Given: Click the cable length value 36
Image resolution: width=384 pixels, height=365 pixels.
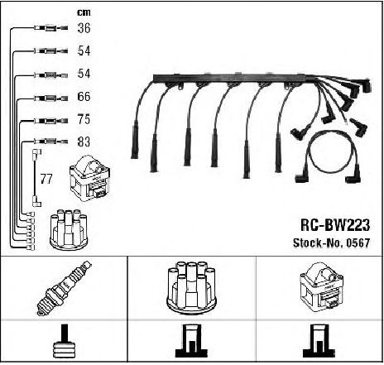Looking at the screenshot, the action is (x=84, y=28).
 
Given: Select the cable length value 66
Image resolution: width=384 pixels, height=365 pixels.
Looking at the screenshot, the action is (x=84, y=96).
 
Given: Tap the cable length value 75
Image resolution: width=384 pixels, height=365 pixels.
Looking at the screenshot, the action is (x=84, y=119).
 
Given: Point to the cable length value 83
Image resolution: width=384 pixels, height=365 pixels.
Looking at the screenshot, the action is (x=84, y=142).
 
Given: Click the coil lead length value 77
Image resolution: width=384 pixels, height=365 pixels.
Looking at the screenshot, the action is (x=46, y=179).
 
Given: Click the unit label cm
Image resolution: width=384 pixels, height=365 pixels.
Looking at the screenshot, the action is (x=84, y=12).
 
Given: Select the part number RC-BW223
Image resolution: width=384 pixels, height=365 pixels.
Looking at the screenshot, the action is (x=335, y=225).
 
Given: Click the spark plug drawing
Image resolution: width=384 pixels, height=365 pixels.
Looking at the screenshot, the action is (x=64, y=288).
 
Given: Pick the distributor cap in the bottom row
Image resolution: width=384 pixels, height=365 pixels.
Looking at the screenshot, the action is (x=192, y=287).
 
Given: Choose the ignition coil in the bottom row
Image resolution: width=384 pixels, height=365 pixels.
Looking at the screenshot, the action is (x=321, y=287).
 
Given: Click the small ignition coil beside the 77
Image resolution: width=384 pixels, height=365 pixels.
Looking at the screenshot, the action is (x=90, y=178).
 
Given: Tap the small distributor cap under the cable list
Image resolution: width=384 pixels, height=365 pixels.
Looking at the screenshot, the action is (x=69, y=229).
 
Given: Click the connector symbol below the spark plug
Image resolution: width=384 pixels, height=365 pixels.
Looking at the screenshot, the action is (x=65, y=341).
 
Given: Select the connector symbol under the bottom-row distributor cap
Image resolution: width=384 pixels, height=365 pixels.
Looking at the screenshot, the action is (x=191, y=341).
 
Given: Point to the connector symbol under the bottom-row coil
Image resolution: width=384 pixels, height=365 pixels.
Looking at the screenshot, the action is (x=319, y=341).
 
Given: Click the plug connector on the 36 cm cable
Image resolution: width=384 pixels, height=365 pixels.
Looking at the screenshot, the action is (x=50, y=28).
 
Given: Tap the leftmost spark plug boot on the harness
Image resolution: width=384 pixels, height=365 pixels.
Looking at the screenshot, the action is (x=135, y=141).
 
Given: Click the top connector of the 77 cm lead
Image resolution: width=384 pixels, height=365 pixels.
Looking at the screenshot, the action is (x=37, y=152).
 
